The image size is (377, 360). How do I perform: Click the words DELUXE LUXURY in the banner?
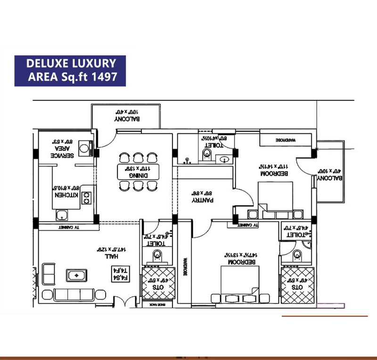70,63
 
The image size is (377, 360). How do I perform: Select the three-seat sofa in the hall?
74,295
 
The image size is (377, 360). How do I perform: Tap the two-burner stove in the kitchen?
86,198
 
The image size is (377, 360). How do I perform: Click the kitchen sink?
61,216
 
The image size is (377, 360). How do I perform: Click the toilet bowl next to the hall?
158,256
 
